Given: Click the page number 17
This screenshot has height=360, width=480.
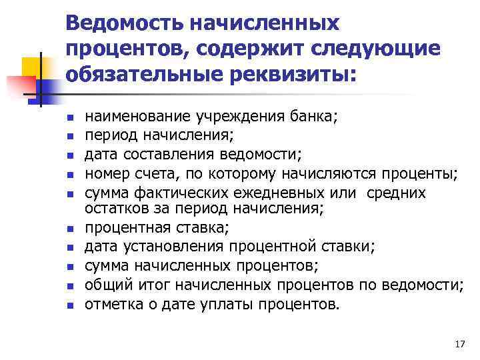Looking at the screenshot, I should click(x=459, y=344).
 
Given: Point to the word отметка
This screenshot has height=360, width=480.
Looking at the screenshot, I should click(x=113, y=305).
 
